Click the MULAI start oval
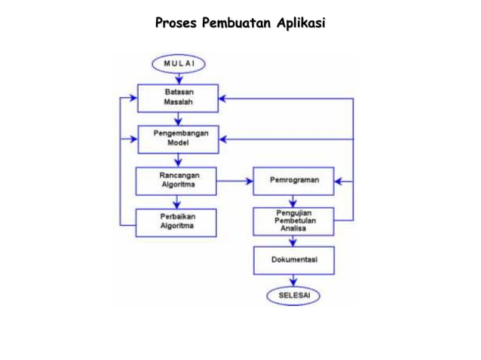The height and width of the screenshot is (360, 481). tap(178, 64)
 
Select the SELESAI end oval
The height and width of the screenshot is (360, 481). tap(293, 295)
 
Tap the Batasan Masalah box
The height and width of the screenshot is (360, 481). tap(178, 98)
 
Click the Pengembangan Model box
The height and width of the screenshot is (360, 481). tap(178, 139)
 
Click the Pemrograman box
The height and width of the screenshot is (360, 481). tap(293, 181)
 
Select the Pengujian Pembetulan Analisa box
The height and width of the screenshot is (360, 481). tap(293, 221)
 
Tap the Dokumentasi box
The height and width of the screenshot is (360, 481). tap(293, 260)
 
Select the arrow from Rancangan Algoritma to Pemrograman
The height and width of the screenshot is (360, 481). tap(235, 182)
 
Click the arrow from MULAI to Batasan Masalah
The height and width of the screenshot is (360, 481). tap(178, 78)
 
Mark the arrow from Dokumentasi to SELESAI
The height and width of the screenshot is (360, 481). tap(293, 280)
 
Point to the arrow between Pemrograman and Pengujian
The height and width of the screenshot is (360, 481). tap(293, 201)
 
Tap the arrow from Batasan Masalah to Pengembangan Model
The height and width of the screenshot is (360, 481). tap(178, 119)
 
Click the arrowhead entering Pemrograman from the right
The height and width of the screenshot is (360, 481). tap(340, 182)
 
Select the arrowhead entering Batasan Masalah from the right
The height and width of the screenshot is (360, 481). tap(224, 99)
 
